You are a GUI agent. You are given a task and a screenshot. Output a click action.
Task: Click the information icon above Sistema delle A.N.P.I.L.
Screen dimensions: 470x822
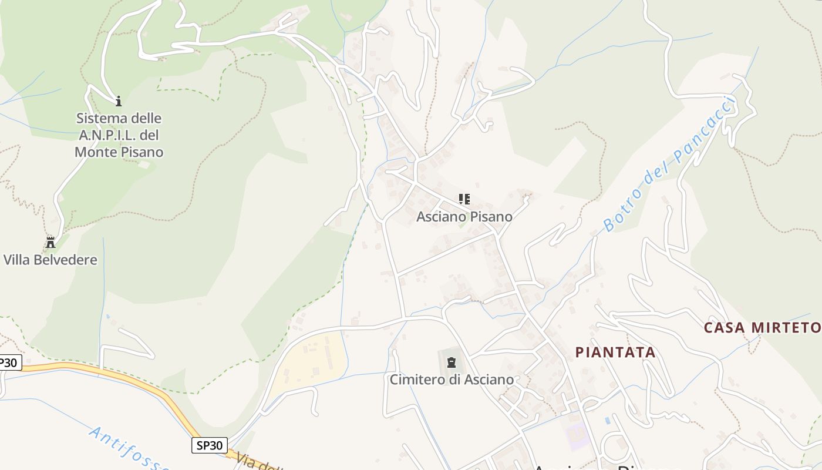(118, 101)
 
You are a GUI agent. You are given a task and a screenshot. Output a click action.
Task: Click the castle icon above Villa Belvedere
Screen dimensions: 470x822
(50, 242)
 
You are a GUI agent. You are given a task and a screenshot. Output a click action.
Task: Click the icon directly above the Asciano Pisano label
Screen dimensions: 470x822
(464, 199)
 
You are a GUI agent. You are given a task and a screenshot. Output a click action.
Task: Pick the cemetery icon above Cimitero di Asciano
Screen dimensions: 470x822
(451, 362)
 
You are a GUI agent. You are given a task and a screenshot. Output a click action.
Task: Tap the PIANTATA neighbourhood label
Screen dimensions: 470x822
(615, 352)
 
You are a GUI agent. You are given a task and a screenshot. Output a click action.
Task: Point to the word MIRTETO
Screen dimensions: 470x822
(784, 328)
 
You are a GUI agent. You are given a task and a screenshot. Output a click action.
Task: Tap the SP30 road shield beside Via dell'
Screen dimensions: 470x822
(210, 445)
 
